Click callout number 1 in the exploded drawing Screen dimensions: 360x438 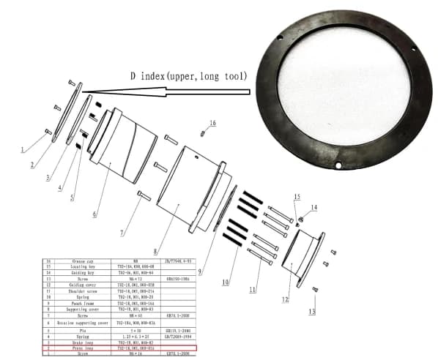click(23, 149)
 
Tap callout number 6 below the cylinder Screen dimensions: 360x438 click(94, 214)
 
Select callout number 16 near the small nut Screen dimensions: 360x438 click(212, 123)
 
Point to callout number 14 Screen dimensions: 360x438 click(313, 208)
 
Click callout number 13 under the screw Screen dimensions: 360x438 click(311, 311)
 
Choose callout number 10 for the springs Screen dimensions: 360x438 click(226, 281)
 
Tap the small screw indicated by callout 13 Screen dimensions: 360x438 click(315, 290)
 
